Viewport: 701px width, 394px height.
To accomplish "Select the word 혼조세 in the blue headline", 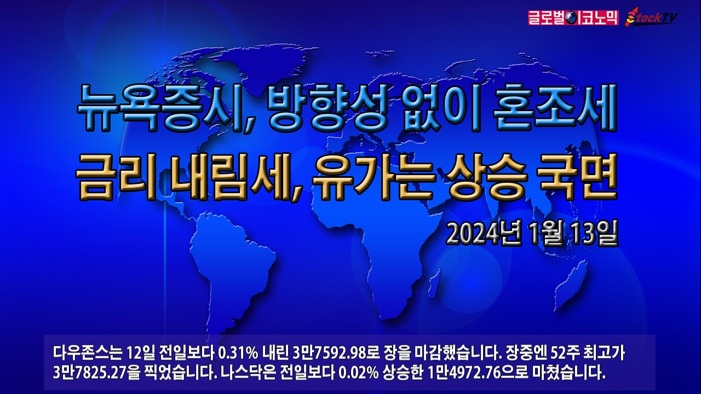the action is click(x=553, y=108).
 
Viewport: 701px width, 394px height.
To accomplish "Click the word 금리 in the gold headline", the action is click(x=115, y=176).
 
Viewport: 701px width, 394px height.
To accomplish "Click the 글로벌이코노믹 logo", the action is click(x=573, y=18).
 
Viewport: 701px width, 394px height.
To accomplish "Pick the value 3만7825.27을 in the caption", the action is click(x=96, y=373).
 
